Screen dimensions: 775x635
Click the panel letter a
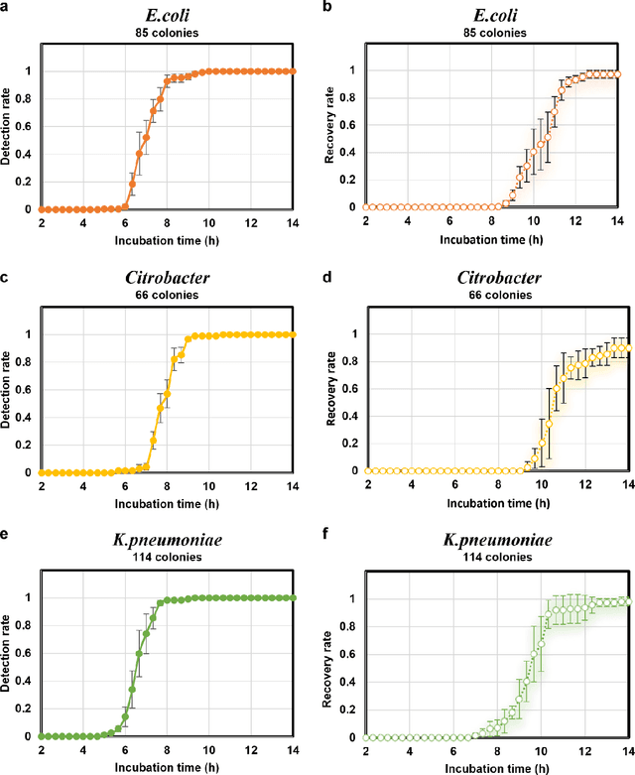pyautogui.click(x=6, y=8)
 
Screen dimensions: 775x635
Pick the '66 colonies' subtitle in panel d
pyautogui.click(x=493, y=293)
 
